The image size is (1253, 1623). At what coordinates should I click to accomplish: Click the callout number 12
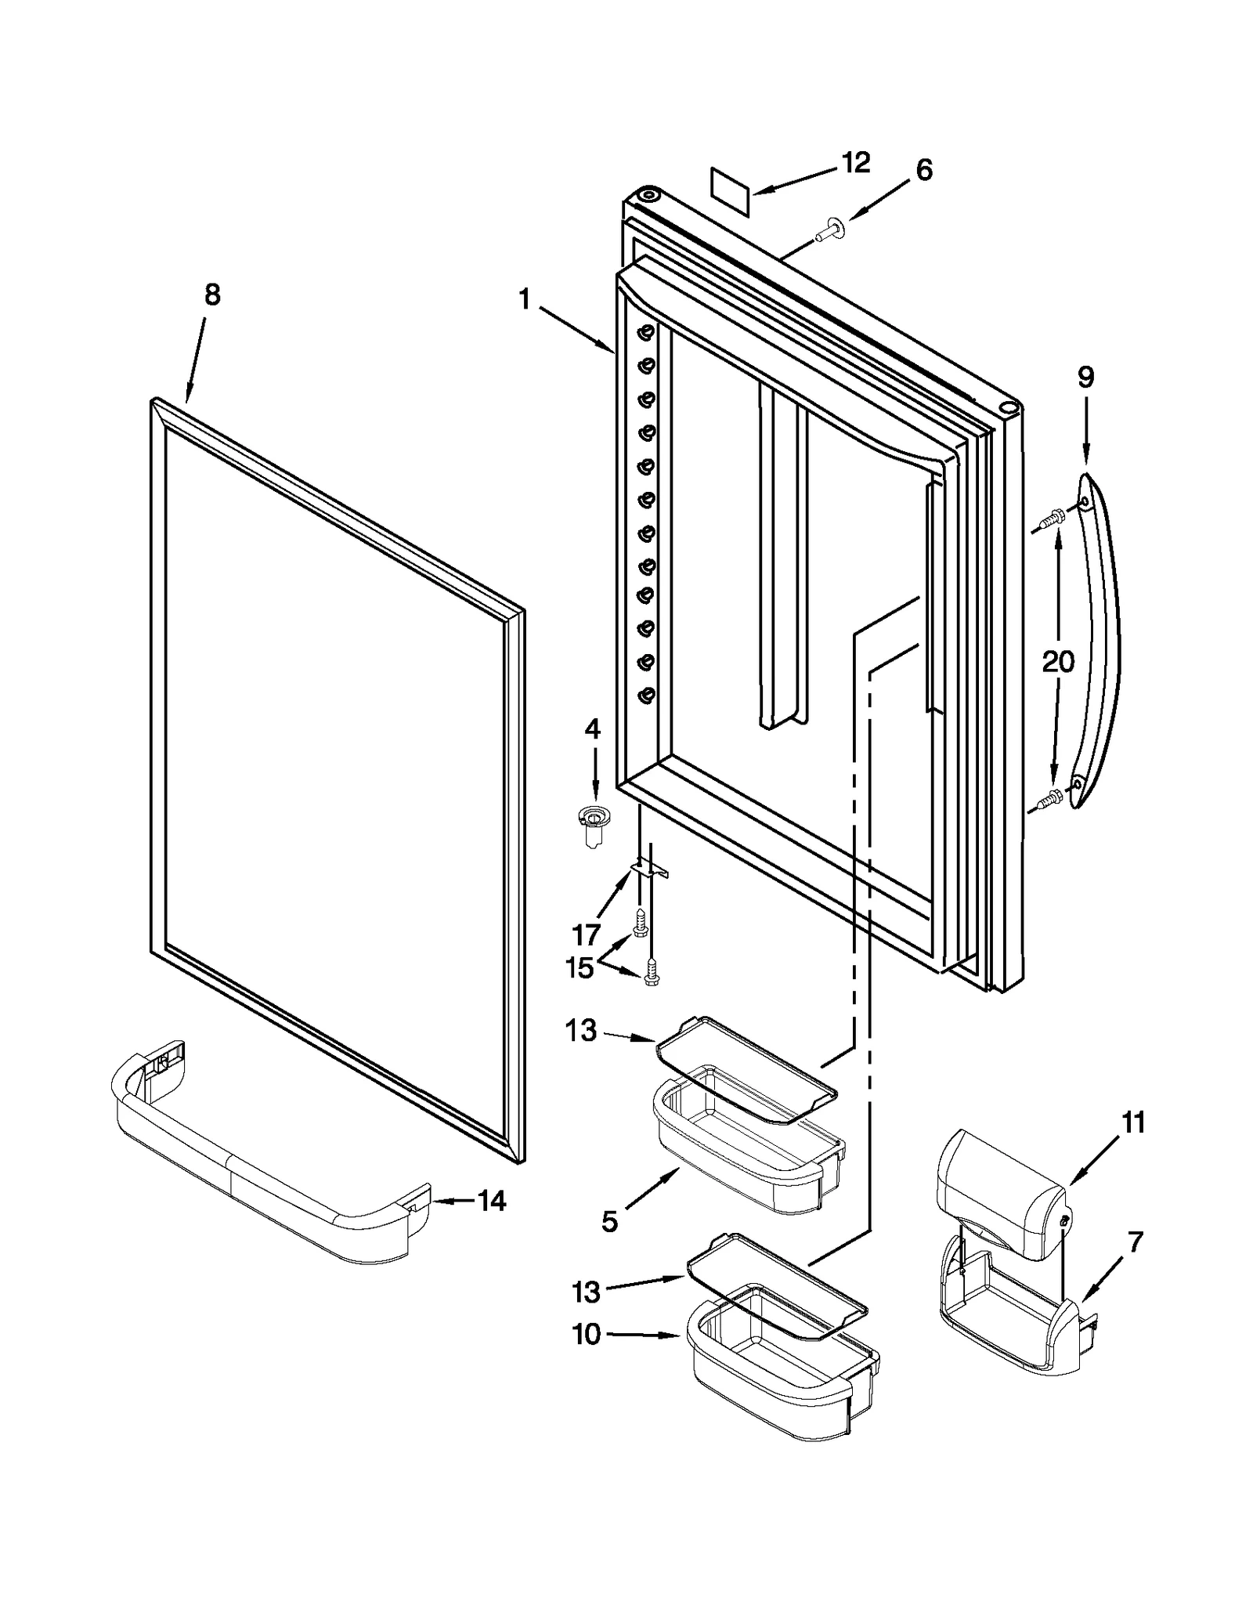856,164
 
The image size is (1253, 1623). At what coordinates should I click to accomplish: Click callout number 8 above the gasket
212,295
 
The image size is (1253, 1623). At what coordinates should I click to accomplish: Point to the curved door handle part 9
1100,642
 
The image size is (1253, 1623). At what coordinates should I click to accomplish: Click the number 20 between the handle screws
1058,663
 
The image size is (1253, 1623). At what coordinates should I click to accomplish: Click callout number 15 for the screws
580,968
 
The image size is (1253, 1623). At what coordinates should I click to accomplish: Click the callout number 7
1136,1242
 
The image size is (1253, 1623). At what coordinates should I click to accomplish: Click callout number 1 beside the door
524,299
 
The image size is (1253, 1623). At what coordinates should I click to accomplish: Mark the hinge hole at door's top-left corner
648,193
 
